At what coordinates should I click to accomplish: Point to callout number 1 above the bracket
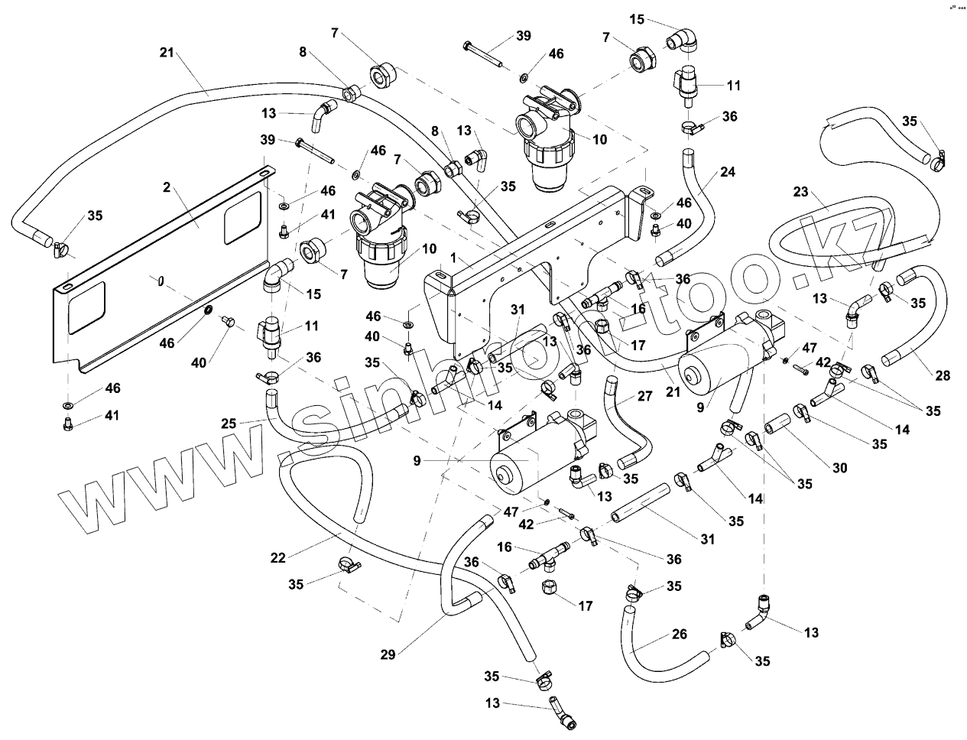pyautogui.click(x=453, y=260)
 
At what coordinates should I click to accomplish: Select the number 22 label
pyautogui.click(x=277, y=558)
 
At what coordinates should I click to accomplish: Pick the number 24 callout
pyautogui.click(x=727, y=172)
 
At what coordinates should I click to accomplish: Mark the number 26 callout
pyautogui.click(x=679, y=635)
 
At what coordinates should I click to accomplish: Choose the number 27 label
pyautogui.click(x=645, y=396)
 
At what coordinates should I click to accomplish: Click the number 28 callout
pyautogui.click(x=943, y=375)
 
